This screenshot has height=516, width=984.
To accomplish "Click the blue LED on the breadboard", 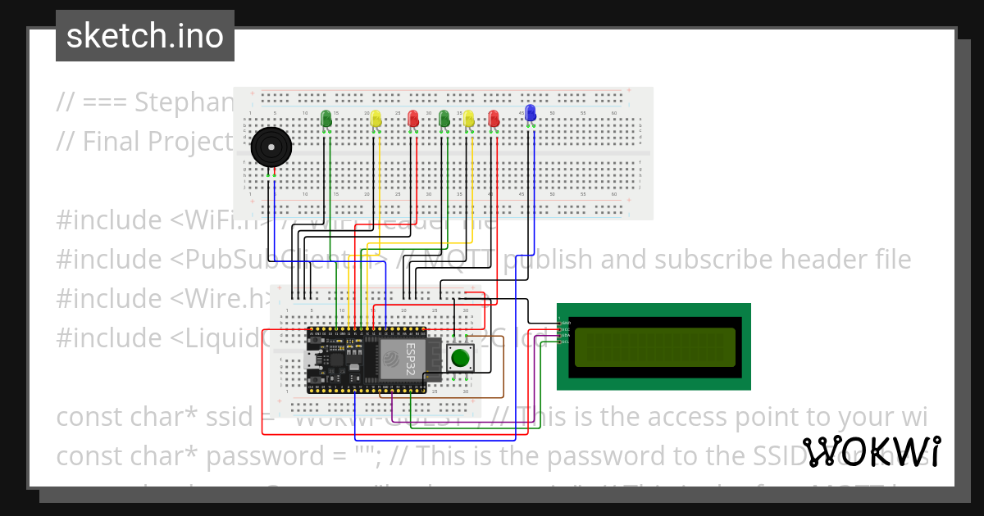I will (x=530, y=113).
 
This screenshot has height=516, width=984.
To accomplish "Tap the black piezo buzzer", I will (x=271, y=147).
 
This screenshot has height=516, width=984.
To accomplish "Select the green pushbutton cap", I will (x=461, y=358).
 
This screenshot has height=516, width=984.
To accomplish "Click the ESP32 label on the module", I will (x=411, y=359).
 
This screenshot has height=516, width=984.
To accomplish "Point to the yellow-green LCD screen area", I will (x=654, y=346).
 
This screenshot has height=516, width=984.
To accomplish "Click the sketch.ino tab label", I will (x=145, y=36).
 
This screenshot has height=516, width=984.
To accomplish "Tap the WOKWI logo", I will (x=871, y=452).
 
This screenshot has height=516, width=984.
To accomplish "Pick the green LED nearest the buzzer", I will (x=326, y=119).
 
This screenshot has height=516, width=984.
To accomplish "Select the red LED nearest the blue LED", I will (x=493, y=119).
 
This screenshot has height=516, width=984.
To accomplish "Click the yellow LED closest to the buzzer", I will (x=376, y=119).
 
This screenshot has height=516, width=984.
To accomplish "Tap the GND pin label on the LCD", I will (x=564, y=323).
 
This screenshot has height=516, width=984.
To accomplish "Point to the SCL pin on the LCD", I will (x=564, y=342).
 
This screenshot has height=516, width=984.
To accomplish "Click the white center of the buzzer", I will (x=271, y=147).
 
